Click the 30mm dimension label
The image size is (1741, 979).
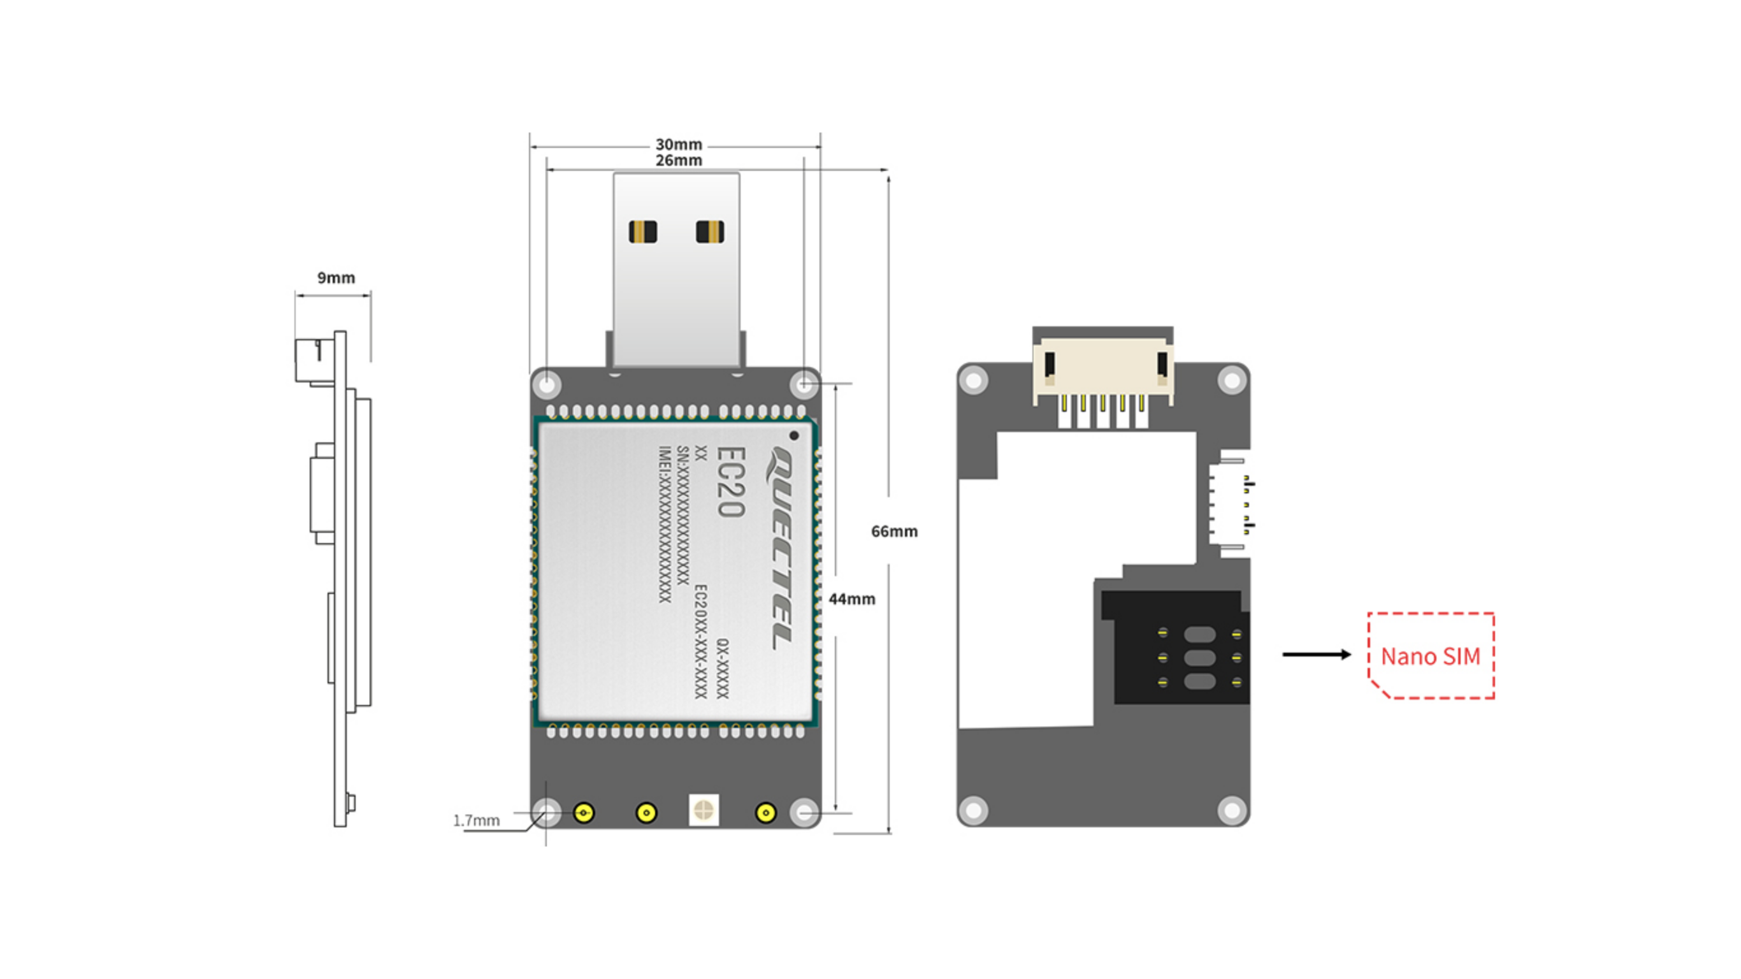[x=679, y=145]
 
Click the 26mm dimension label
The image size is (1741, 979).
[x=679, y=160]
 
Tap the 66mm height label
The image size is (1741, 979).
[x=894, y=532]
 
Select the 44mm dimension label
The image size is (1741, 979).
[x=851, y=599]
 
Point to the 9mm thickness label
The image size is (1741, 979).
[x=336, y=278]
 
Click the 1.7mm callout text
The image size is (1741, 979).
[x=477, y=821]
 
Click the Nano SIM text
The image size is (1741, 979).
[x=1430, y=656]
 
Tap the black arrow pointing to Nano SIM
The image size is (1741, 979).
[x=1317, y=655]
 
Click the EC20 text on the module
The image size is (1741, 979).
[x=730, y=482]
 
